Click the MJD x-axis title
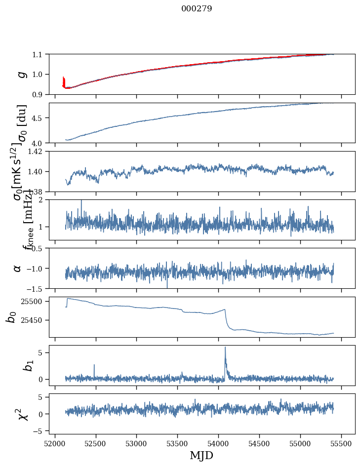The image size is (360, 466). [201, 455]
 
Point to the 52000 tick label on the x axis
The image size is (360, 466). [55, 442]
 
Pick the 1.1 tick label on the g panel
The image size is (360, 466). [38, 54]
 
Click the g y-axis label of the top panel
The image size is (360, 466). [20, 74]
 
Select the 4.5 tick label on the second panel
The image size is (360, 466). [38, 118]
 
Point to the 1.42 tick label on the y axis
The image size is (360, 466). [35, 152]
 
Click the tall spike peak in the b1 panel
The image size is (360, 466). [225, 347]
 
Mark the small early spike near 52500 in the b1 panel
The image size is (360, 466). [94, 365]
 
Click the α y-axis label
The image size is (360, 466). [17, 268]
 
